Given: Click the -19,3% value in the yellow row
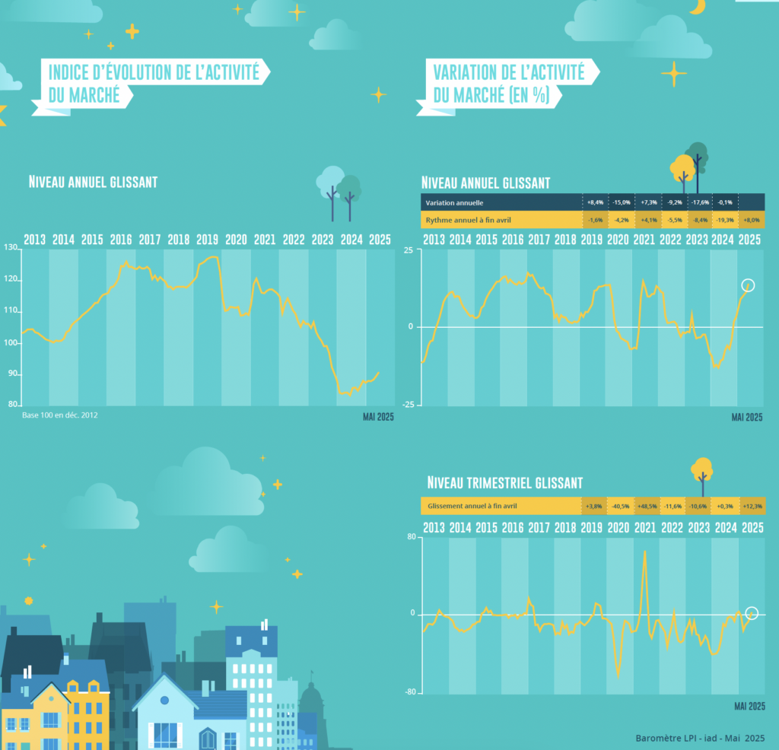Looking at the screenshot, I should point(725,220).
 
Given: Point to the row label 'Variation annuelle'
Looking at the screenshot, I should point(454,202).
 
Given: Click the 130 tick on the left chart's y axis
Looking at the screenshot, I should point(10,249).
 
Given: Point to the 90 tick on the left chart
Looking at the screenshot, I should point(11,373).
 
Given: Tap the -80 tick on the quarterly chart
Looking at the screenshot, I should point(411,692).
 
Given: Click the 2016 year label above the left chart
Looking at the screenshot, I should point(121,239).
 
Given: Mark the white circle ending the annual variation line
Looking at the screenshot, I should point(748,286).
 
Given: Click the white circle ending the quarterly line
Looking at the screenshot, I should point(752,613).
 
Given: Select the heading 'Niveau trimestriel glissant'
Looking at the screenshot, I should point(505,483).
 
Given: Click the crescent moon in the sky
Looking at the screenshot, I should point(696,7).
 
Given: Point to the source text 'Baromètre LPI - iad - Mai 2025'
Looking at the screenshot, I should point(700,738).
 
